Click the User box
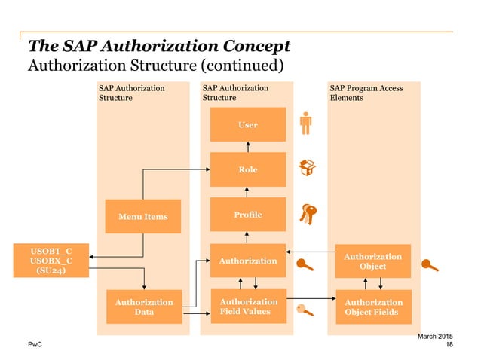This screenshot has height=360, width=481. [247, 124]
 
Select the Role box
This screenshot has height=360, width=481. [247, 169]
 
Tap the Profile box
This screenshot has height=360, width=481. [247, 215]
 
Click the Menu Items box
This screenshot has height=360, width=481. [143, 217]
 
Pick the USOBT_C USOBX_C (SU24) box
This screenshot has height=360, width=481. [51, 260]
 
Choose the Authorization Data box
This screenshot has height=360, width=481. [143, 307]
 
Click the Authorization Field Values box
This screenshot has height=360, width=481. [247, 307]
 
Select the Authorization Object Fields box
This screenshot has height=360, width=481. [373, 307]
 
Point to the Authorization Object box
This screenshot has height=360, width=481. [373, 261]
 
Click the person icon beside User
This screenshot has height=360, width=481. [305, 124]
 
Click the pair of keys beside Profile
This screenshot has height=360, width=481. [308, 214]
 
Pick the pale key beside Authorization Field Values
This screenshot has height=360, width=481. [305, 309]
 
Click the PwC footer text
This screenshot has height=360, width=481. [34, 344]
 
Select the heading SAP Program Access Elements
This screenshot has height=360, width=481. [366, 93]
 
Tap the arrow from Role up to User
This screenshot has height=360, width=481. [247, 146]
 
